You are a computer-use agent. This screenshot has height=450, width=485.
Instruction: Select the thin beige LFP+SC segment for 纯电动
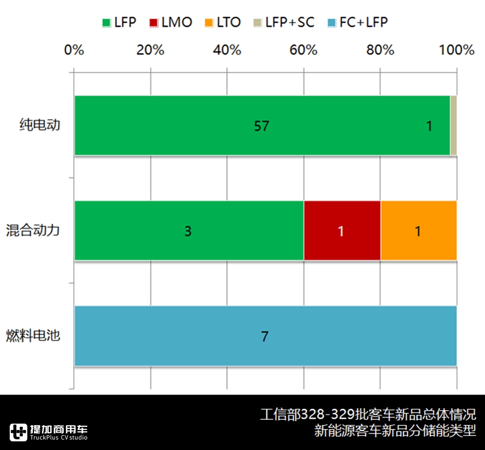[454, 126]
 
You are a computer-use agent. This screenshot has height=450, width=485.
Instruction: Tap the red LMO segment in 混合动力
[342, 231]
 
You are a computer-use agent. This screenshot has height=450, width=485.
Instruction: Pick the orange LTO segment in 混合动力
[419, 231]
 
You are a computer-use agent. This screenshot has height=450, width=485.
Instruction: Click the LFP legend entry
[119, 23]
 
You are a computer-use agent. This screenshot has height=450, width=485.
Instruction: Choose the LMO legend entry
[171, 23]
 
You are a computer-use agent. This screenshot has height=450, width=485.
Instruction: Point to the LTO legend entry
[223, 23]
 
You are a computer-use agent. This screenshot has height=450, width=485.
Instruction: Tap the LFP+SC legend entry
[283, 23]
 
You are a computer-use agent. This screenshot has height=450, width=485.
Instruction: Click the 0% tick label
[74, 50]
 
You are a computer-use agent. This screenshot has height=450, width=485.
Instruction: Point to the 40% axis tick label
[227, 50]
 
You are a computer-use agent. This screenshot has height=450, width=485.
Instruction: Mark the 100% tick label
[456, 50]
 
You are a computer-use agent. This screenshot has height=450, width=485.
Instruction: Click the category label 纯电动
[40, 126]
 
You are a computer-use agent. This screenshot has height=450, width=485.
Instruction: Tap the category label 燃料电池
[33, 336]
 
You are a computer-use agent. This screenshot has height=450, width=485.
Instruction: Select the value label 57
[261, 126]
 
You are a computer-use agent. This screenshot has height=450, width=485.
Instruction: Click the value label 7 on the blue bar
[265, 337]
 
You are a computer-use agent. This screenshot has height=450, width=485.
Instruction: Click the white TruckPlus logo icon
[18, 432]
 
